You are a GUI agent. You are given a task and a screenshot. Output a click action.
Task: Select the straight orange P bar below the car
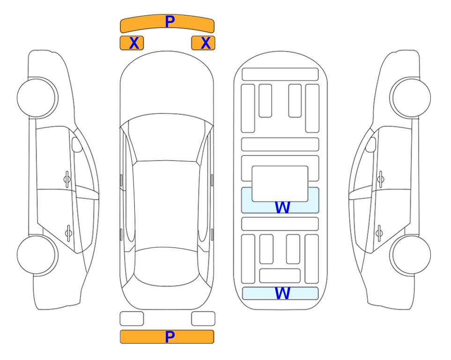click(x=167, y=337)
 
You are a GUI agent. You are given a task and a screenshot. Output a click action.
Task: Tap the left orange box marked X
click(x=132, y=43)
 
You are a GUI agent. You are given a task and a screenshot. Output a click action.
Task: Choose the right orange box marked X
click(x=203, y=43)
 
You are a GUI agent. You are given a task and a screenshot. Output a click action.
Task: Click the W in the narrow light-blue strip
click(x=282, y=293)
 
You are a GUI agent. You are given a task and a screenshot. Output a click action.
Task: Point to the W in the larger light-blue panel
click(x=282, y=207)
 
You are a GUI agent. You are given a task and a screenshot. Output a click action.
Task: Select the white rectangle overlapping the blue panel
click(x=280, y=184)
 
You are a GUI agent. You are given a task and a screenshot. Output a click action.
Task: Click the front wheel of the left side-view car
click(x=37, y=98)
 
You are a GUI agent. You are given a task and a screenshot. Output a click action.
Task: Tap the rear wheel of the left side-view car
click(x=37, y=255)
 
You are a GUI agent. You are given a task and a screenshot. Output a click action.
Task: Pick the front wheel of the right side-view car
click(x=410, y=98)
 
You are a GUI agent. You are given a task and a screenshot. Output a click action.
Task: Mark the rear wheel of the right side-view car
click(x=410, y=255)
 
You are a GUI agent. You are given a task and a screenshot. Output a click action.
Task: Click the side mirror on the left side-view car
click(x=77, y=144)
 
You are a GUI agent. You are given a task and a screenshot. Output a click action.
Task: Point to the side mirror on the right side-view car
click(x=371, y=144)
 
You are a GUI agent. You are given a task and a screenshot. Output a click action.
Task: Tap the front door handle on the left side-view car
click(x=67, y=179)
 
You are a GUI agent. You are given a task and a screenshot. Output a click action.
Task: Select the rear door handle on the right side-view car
click(x=379, y=233)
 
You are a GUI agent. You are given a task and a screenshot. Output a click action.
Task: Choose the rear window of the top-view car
click(x=167, y=266)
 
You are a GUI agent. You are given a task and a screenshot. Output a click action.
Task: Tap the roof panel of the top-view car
click(x=167, y=205)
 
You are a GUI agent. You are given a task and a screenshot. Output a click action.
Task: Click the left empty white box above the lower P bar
click(x=132, y=319)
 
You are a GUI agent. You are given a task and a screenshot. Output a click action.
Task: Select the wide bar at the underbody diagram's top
click(x=280, y=75)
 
